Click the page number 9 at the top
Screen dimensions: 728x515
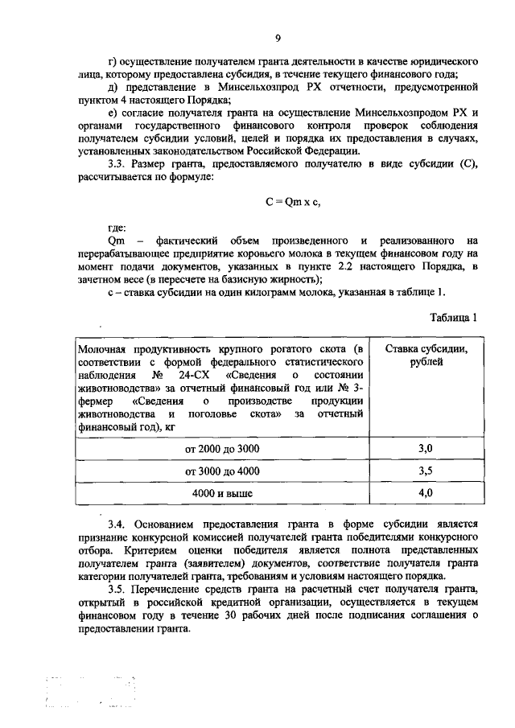pos(278,38)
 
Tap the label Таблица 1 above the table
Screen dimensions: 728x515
pos(452,317)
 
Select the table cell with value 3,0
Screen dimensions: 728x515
pos(426,447)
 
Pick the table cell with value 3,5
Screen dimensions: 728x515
pos(426,470)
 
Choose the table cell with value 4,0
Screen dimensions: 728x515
pos(426,492)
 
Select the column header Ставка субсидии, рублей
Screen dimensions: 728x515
pos(426,355)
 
